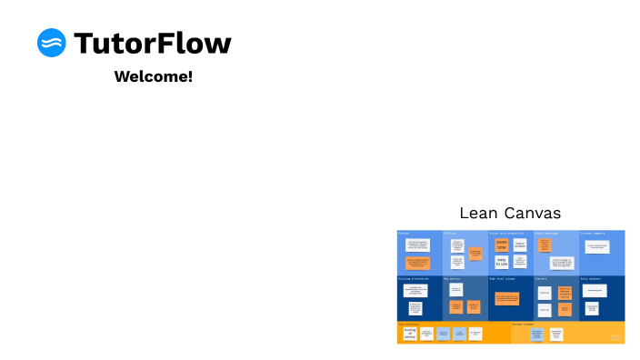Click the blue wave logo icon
[x=52, y=43]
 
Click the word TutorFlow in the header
[x=152, y=43]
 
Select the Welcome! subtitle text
[x=153, y=76]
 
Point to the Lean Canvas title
[x=510, y=214]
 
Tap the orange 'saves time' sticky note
[x=501, y=245]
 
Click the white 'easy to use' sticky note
[x=501, y=262]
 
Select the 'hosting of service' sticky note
[x=410, y=334]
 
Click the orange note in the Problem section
[x=417, y=264]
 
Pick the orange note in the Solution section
[x=475, y=254]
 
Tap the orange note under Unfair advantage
[x=545, y=245]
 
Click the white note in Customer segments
[x=596, y=246]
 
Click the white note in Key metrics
[x=456, y=288]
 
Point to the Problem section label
[x=404, y=234]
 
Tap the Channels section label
[x=540, y=278]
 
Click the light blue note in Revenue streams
[x=536, y=334]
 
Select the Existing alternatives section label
[x=412, y=278]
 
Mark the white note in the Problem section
[x=417, y=245]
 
